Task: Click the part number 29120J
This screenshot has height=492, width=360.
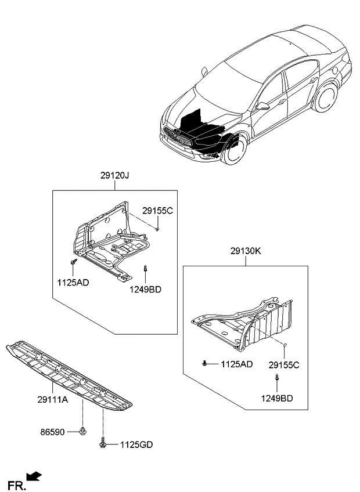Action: (114, 174)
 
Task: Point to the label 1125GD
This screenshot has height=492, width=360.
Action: (136, 445)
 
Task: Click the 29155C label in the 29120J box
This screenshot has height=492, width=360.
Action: (157, 211)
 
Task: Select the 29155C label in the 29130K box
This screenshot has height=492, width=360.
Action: (284, 365)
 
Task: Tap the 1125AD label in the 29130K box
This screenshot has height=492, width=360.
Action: (236, 364)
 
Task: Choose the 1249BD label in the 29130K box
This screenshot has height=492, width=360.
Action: (276, 399)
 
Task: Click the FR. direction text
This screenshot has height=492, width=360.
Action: (16, 484)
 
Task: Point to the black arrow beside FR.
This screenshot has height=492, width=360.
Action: (35, 477)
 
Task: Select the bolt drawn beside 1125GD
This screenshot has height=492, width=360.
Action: (103, 443)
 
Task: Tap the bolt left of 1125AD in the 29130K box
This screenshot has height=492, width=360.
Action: (206, 364)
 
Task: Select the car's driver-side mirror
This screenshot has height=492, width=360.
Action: (264, 106)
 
